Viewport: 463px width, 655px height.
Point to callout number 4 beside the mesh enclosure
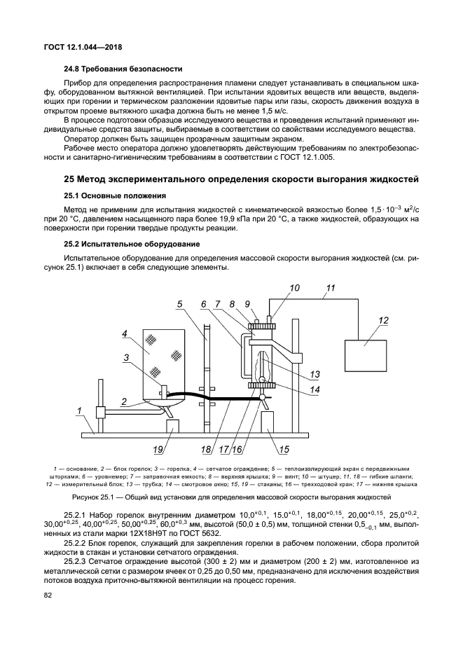pyautogui.click(x=124, y=333)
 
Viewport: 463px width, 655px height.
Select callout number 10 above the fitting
pyautogui.click(x=294, y=287)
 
